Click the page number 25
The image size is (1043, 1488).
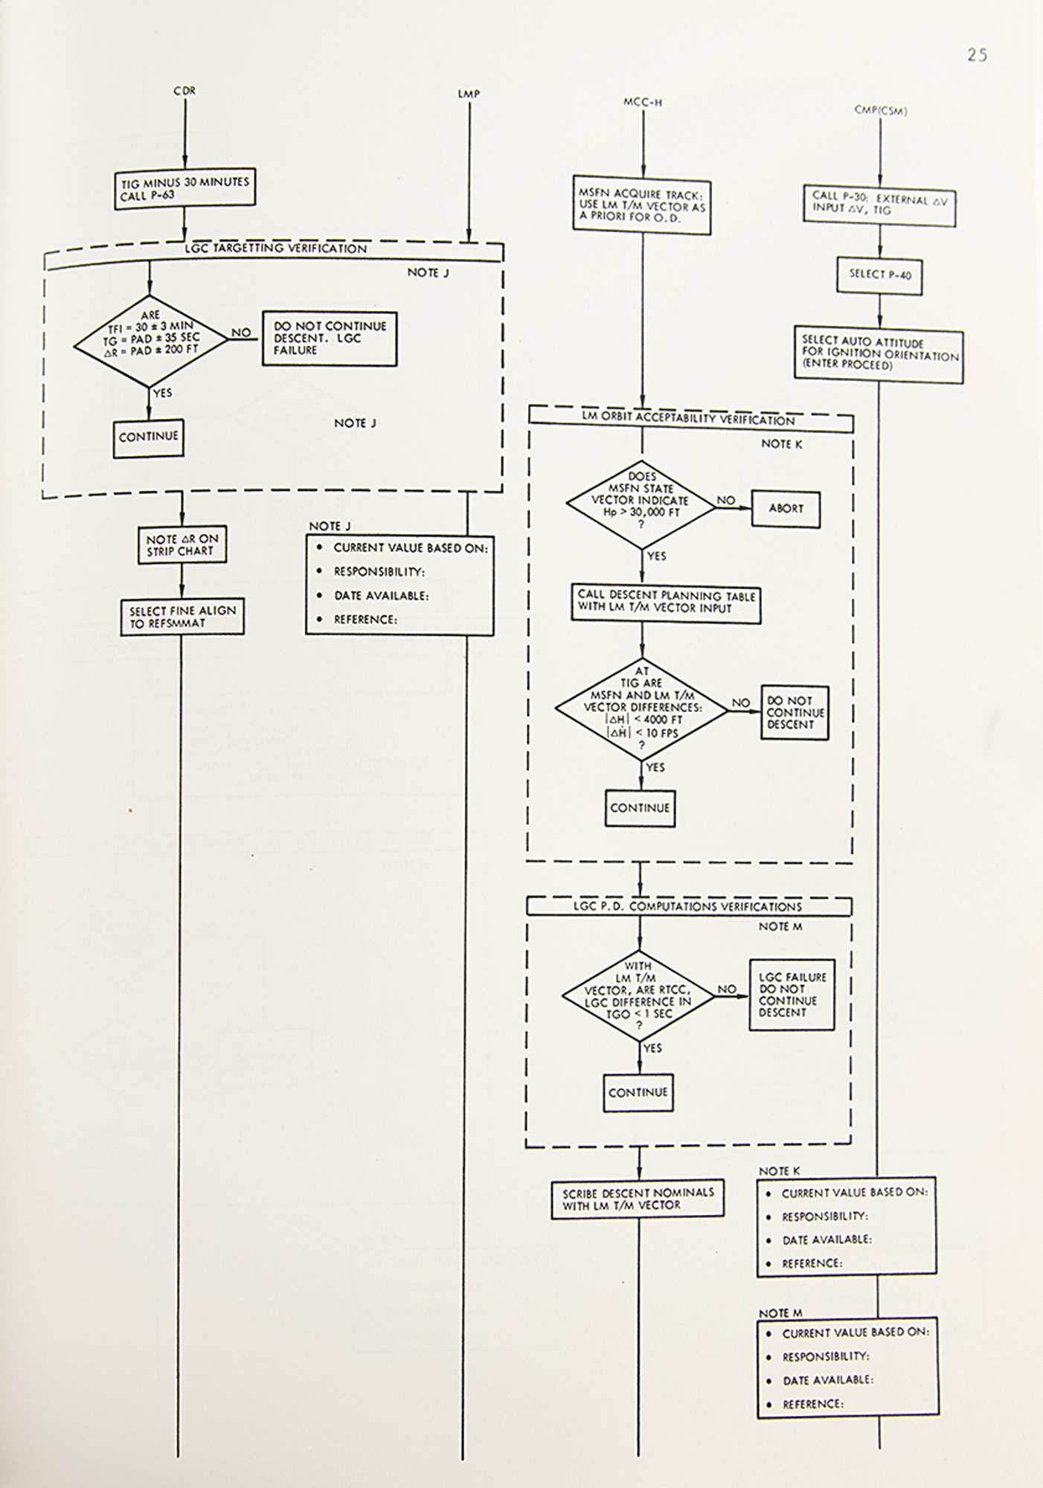point(977,54)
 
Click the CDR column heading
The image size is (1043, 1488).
point(184,91)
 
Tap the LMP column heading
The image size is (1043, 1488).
point(469,94)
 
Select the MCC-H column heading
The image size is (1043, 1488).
point(642,102)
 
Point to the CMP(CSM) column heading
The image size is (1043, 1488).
point(881,111)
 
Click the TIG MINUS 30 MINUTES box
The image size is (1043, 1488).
point(185,187)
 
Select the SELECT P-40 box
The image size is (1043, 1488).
point(880,275)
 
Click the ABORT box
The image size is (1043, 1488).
point(786,509)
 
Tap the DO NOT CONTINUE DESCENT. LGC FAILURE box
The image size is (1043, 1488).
point(329,339)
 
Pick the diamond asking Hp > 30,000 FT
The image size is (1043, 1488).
point(641,501)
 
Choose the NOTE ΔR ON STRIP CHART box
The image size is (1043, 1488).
point(182,545)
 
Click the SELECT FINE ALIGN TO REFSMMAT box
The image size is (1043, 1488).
point(182,617)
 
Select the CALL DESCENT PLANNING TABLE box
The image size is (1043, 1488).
point(666,603)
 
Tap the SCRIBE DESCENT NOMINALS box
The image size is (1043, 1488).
point(638,1199)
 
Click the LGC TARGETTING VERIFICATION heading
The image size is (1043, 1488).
point(275,248)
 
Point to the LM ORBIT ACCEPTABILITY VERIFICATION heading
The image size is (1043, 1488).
point(688,420)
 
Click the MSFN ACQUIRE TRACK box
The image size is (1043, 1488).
point(641,206)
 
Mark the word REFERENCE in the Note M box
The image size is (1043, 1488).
point(812,1404)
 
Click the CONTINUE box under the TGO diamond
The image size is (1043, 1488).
point(638,1092)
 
